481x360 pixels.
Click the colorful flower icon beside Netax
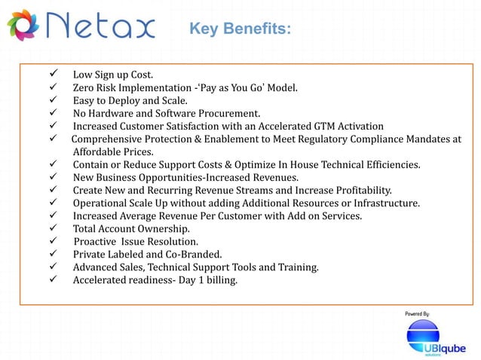tap(22, 26)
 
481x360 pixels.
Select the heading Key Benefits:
tap(240, 29)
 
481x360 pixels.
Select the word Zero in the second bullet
tap(84, 87)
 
